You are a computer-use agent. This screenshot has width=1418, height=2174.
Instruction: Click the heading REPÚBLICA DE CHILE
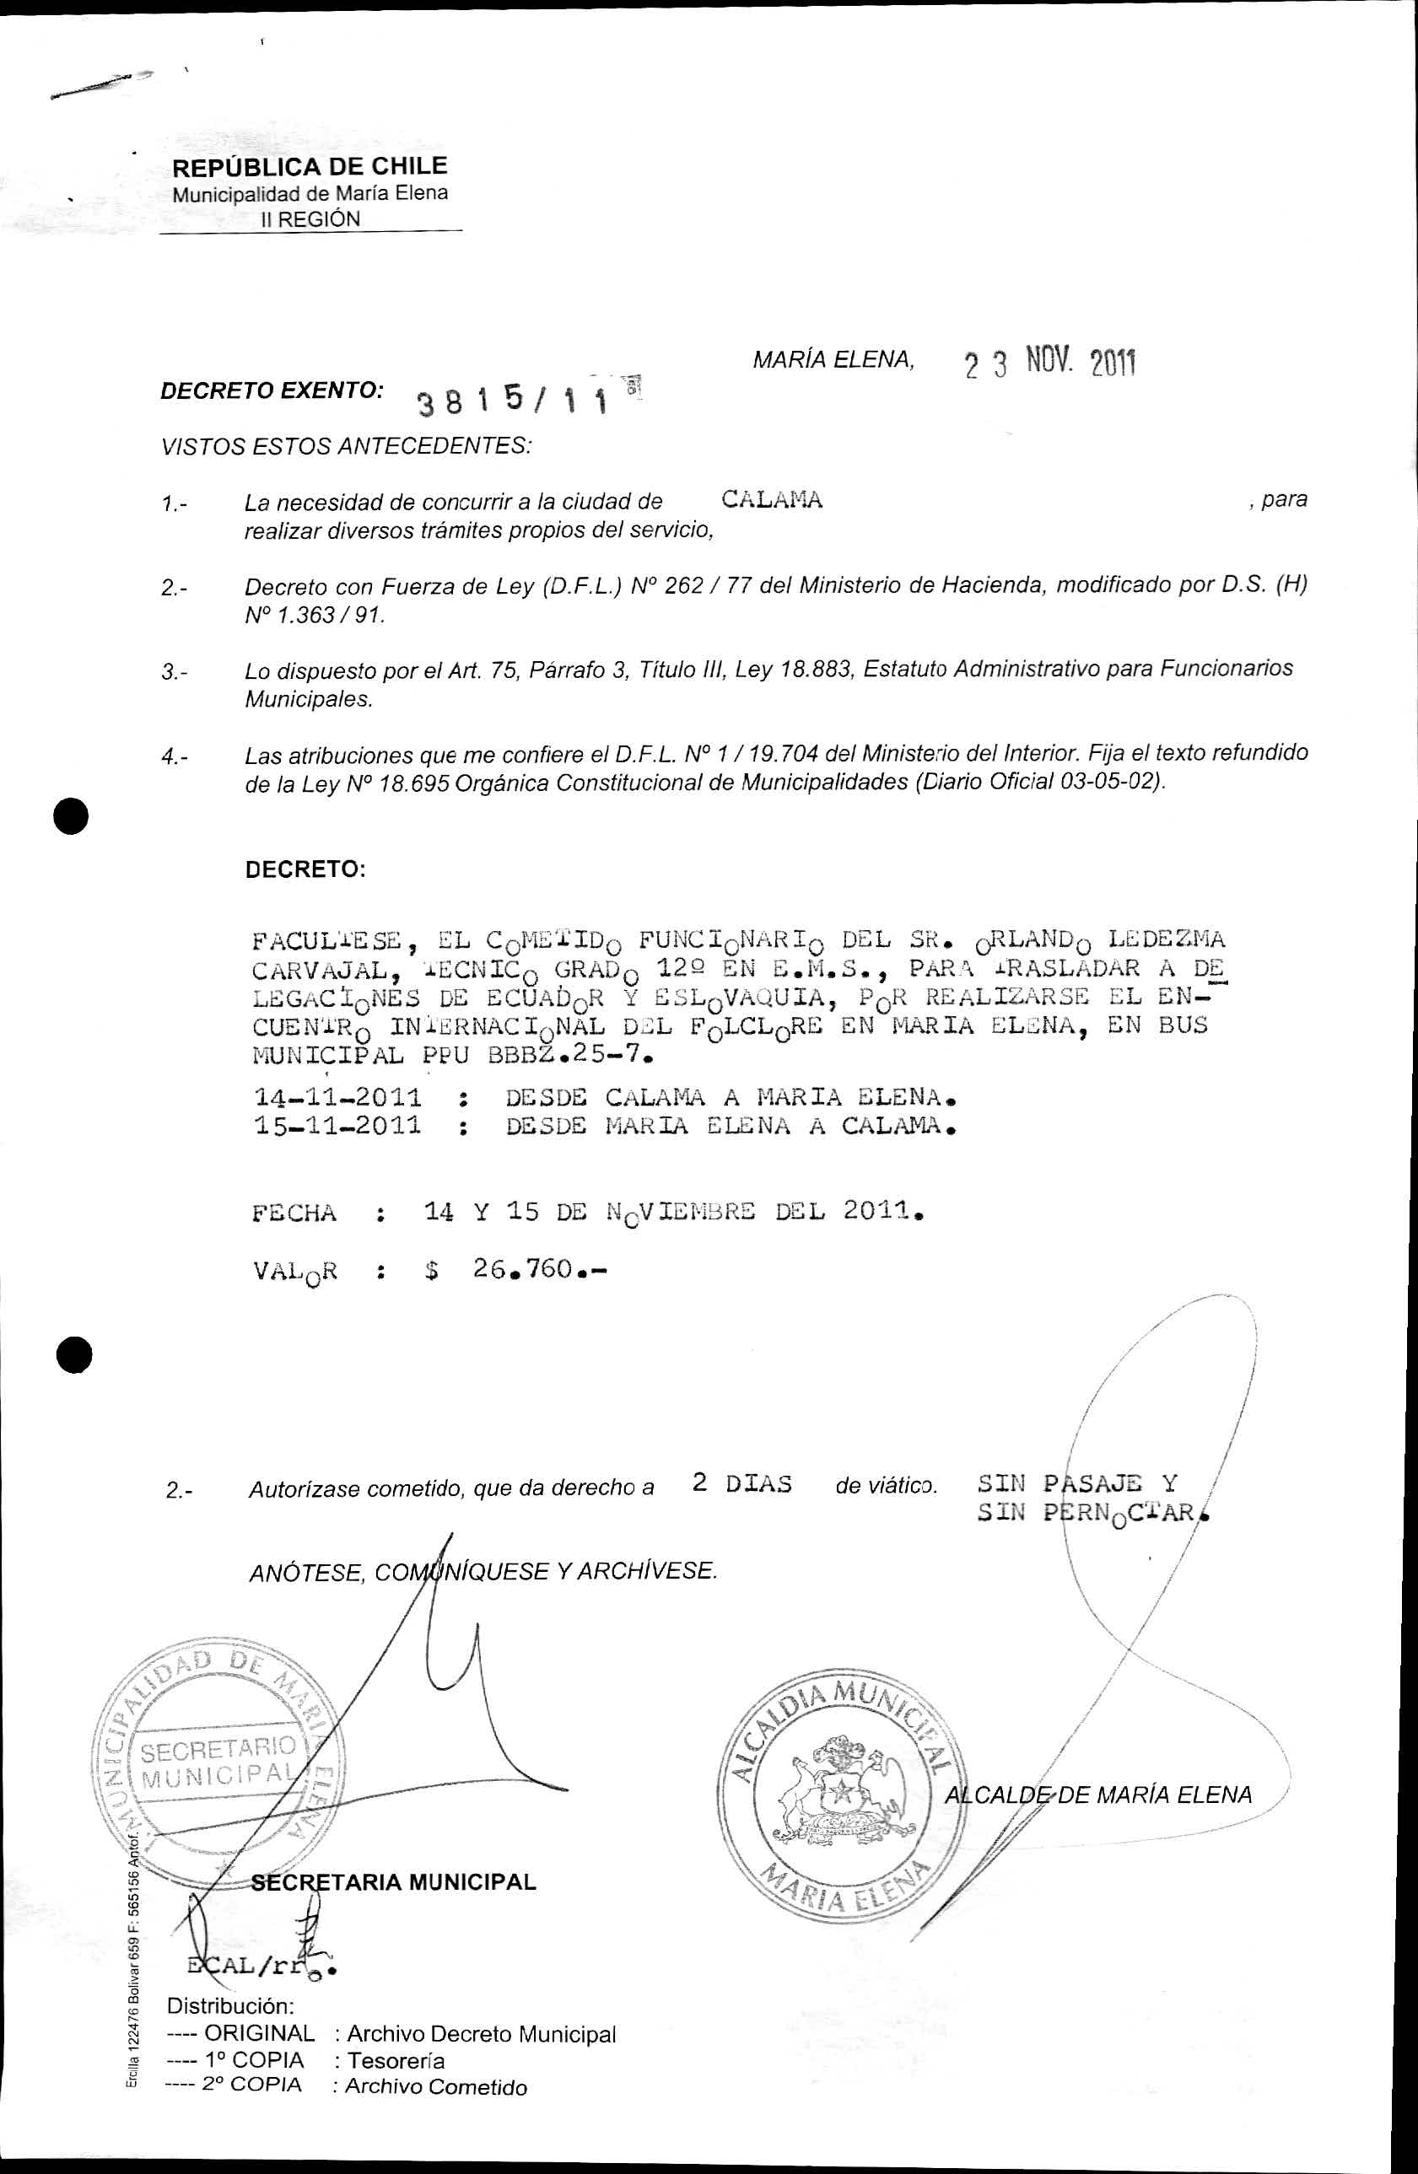310,167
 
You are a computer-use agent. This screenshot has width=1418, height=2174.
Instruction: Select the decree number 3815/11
513,400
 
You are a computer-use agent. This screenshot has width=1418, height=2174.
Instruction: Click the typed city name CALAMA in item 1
772,500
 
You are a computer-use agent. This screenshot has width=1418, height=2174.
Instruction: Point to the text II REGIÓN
310,219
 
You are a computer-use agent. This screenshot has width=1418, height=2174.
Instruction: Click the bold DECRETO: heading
305,869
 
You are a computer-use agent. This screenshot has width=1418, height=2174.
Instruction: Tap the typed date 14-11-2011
338,1096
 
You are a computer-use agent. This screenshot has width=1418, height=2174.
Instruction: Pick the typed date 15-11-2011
338,1124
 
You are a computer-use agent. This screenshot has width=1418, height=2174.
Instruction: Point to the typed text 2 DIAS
741,1483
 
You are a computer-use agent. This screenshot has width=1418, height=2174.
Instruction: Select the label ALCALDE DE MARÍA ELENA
1098,1795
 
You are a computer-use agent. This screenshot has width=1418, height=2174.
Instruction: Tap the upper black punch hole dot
70,815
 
